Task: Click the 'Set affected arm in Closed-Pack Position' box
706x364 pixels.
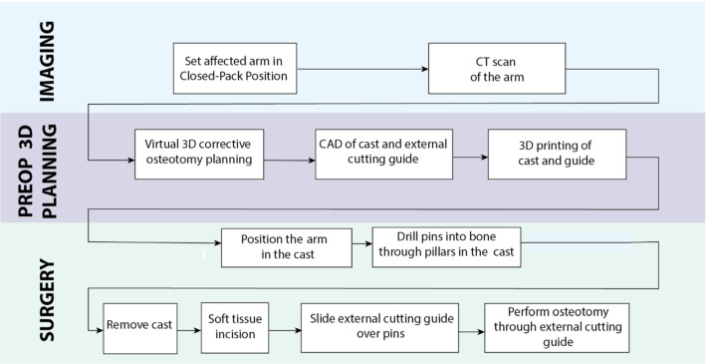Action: click(235, 68)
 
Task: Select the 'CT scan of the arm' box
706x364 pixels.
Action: click(490, 68)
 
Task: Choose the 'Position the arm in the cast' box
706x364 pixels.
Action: click(287, 247)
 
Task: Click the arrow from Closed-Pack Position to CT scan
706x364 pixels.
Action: click(363, 69)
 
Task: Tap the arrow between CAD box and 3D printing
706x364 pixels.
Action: click(469, 157)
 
